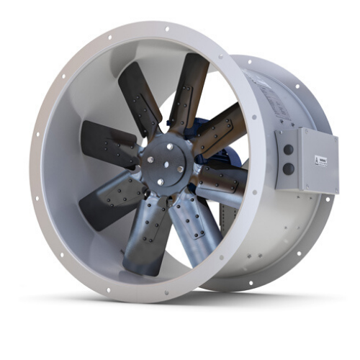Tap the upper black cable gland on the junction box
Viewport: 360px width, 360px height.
click(288, 150)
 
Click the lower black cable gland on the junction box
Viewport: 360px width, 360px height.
click(288, 168)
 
